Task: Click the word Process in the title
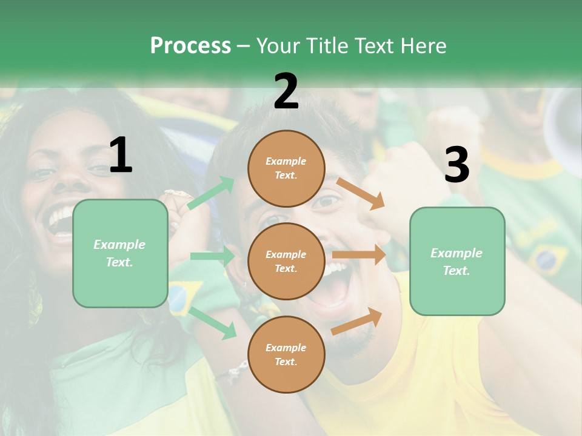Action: click(190, 46)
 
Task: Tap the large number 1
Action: click(121, 156)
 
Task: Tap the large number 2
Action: click(286, 91)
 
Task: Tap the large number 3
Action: click(457, 165)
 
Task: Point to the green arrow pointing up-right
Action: click(211, 193)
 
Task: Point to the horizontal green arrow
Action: click(212, 256)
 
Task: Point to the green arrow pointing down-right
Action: click(213, 323)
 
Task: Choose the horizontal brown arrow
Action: click(359, 255)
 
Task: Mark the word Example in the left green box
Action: click(119, 245)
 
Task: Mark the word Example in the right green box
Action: click(457, 253)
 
